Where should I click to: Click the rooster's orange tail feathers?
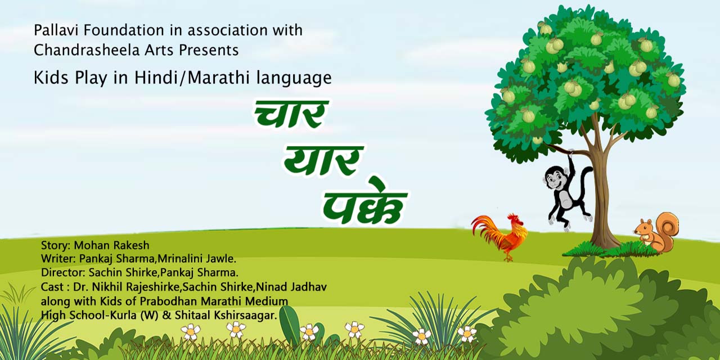point(486,231)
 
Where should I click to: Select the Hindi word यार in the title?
point(323,161)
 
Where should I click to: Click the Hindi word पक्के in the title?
point(365,202)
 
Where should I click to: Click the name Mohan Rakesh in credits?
point(111,245)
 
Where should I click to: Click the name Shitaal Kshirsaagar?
point(226,316)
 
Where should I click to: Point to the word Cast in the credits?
point(52,287)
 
